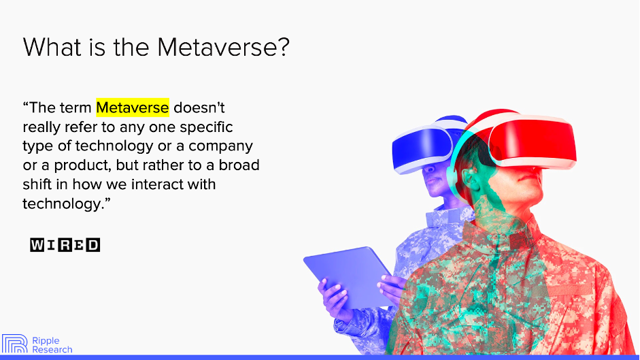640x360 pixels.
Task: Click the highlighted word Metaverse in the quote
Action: [x=133, y=108]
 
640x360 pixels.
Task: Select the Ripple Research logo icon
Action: [x=14, y=344]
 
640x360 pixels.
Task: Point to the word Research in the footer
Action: [x=52, y=349]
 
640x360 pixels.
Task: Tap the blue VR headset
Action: [x=422, y=146]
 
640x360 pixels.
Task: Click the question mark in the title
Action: [x=283, y=47]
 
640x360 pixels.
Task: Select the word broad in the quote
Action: [x=239, y=165]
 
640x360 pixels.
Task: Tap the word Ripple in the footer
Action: [x=46, y=340]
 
